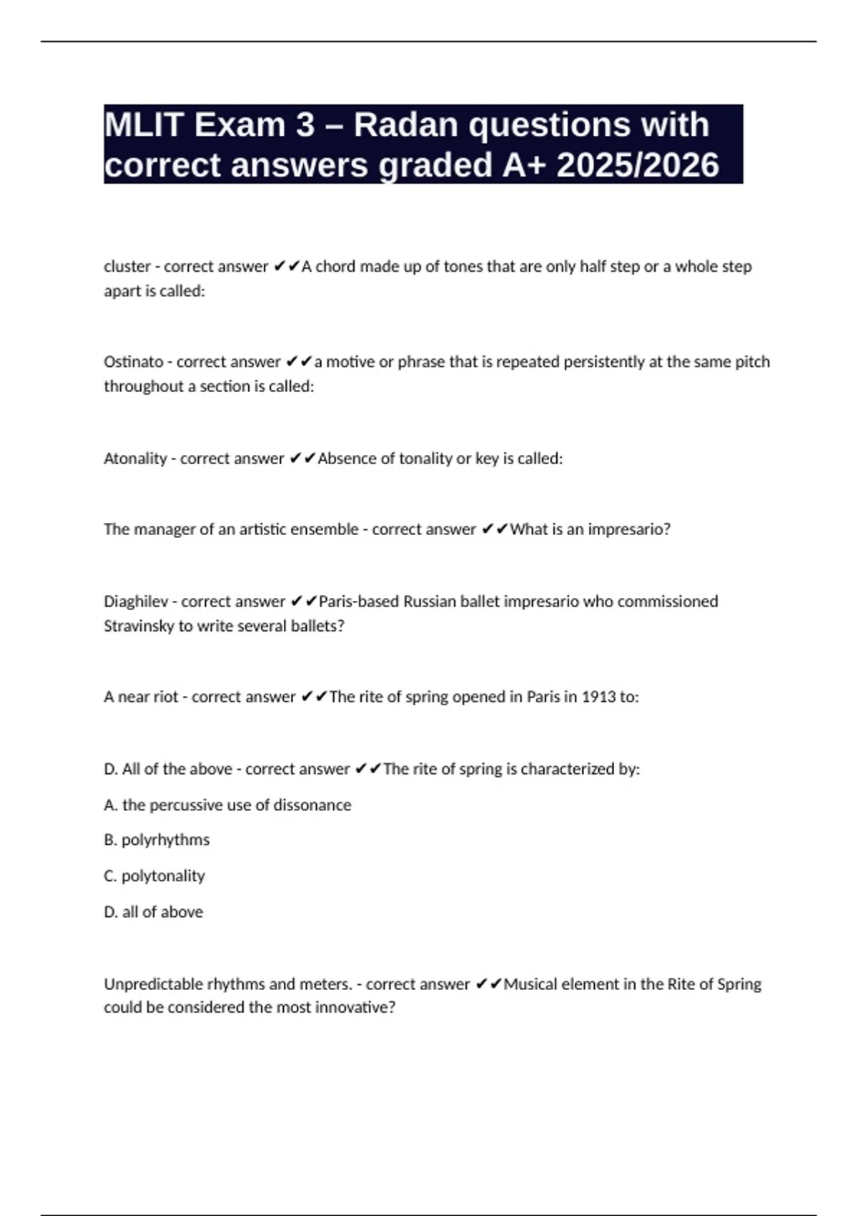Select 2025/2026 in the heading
(637, 165)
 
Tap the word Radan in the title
(405, 125)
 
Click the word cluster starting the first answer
(127, 267)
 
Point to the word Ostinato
(133, 362)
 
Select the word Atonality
(135, 459)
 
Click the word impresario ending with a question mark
(629, 530)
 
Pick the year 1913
(598, 697)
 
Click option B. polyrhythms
(157, 840)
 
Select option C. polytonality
(154, 876)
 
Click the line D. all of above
(153, 912)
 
